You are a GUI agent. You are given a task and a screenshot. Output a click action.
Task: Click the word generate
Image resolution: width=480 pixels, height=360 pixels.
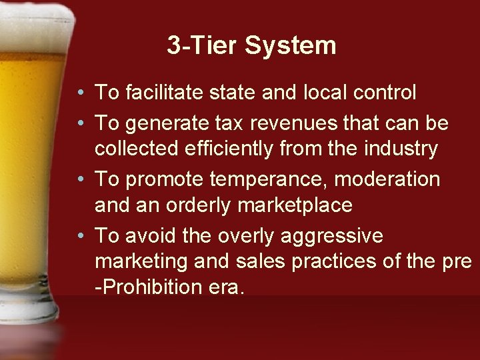(162, 124)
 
